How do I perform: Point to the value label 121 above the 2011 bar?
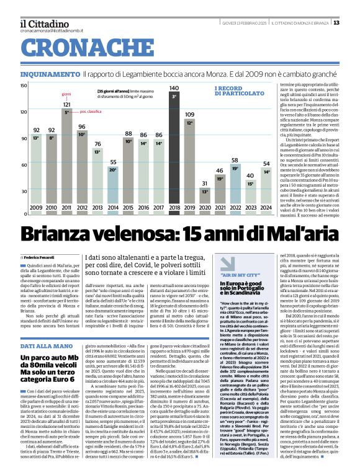pyautogui.click(x=66, y=105)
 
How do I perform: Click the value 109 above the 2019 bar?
pyautogui.click(x=189, y=115)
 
